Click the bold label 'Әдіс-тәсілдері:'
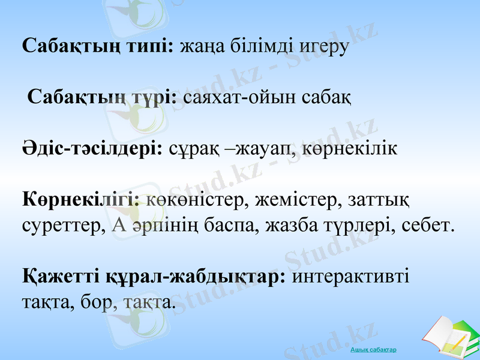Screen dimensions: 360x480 pos(93,146)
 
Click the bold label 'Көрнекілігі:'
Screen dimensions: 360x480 pos(81,197)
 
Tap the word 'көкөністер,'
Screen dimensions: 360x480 pos(195,197)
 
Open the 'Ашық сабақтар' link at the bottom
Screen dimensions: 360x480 pos(373,349)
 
